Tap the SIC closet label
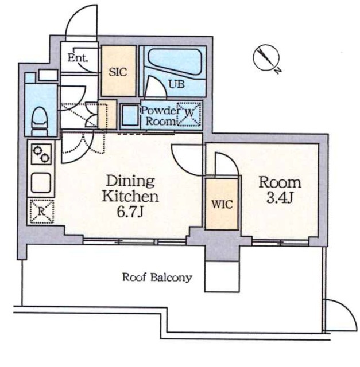[118, 72]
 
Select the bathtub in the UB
[175, 62]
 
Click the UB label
[177, 84]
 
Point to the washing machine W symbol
[189, 114]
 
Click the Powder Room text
[159, 116]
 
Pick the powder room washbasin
[130, 115]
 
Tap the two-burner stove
[41, 154]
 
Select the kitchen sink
[41, 182]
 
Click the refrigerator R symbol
[42, 212]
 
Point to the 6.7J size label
[130, 212]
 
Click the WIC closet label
[222, 204]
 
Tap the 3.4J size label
[280, 198]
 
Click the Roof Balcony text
[157, 278]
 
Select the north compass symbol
[267, 58]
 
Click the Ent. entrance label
[78, 58]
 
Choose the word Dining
[130, 182]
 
